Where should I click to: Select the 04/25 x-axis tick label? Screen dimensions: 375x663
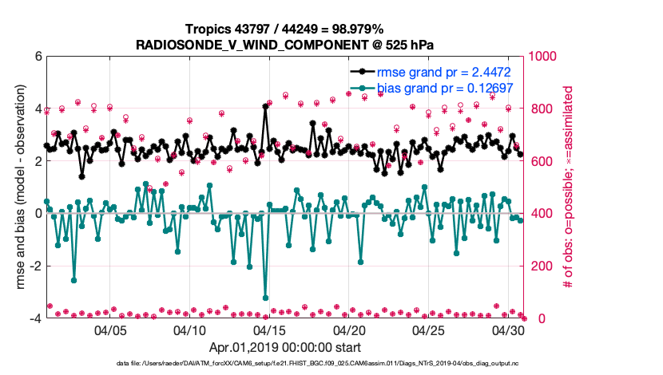(428, 330)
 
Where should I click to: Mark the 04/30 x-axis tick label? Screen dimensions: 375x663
(507, 330)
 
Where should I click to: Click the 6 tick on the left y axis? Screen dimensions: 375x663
(38, 57)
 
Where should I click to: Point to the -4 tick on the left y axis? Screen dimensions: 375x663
(34, 318)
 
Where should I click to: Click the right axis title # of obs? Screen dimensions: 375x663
(568, 187)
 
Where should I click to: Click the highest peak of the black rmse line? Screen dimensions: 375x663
(265, 106)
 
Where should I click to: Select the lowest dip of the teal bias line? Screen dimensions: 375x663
(265, 298)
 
